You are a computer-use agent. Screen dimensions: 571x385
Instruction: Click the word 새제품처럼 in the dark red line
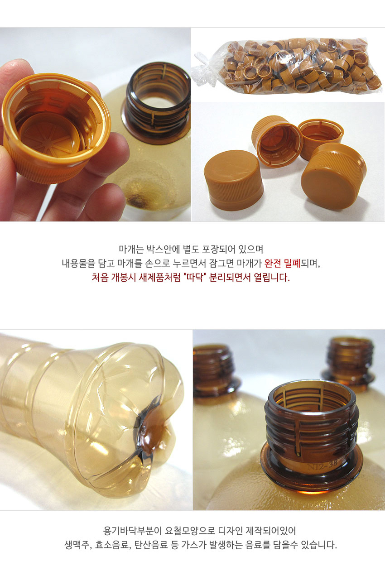(x=156, y=277)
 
